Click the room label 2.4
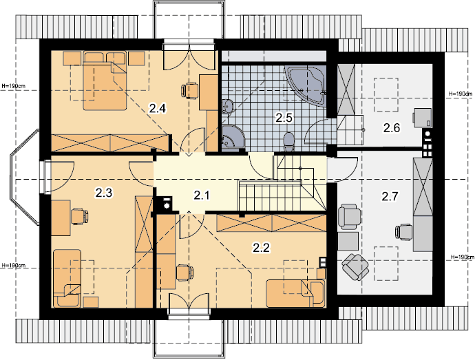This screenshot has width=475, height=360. pos(158,108)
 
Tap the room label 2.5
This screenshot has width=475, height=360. pos(284,117)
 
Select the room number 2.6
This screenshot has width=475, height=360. pos(392,128)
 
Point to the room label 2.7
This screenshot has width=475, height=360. pos(390,196)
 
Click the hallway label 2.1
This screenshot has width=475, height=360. pos(202,195)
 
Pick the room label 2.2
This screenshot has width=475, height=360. pos(261,248)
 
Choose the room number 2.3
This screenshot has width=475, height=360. pos(103,193)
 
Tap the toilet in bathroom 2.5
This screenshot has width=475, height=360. pos(289,142)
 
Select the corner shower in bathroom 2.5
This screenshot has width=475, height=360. pos(232,137)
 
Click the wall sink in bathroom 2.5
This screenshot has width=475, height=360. pos(227,107)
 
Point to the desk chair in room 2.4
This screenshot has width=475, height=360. pos(189,91)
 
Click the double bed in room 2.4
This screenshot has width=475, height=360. pos(105,81)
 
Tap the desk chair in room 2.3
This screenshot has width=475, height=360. pos(79,216)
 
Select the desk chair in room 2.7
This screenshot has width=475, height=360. pos(404,233)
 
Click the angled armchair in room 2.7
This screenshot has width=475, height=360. pos(355,267)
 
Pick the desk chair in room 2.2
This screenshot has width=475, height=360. pos(184,273)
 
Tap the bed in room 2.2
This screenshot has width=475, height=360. pos(295,293)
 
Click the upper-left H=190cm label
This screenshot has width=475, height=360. pos(14,86)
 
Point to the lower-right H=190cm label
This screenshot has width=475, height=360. pos(463,257)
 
